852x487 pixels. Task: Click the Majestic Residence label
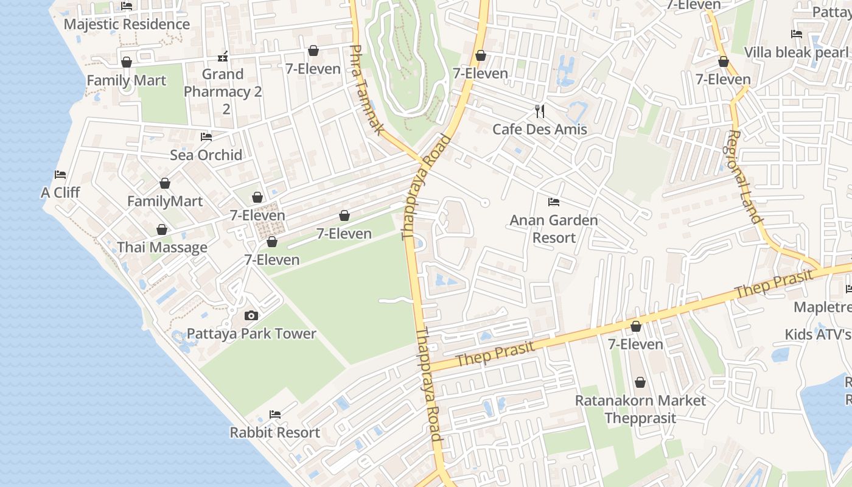tap(127, 24)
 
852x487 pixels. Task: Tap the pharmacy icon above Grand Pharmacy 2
tap(223, 57)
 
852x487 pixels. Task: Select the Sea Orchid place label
tap(206, 155)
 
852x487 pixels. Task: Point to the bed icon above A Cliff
tap(60, 175)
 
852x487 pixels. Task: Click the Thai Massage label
tap(162, 248)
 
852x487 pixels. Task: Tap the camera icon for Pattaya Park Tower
tap(251, 315)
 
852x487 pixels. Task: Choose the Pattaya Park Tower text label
tap(251, 334)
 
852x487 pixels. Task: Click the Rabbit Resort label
tap(274, 433)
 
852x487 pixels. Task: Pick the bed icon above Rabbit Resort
tap(275, 415)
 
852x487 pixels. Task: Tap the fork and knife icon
tap(539, 111)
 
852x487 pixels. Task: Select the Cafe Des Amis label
tap(539, 129)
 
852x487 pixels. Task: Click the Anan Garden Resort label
tap(554, 229)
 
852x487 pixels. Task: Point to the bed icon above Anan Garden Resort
tap(554, 201)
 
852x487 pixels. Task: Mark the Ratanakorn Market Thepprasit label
tap(640, 409)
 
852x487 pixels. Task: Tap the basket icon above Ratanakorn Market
tap(640, 382)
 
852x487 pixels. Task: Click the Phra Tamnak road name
tap(368, 90)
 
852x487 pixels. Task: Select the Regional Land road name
tap(744, 177)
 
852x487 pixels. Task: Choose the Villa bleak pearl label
tap(797, 52)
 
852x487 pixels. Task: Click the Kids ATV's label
tap(818, 334)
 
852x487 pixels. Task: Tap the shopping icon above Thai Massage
tap(162, 229)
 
